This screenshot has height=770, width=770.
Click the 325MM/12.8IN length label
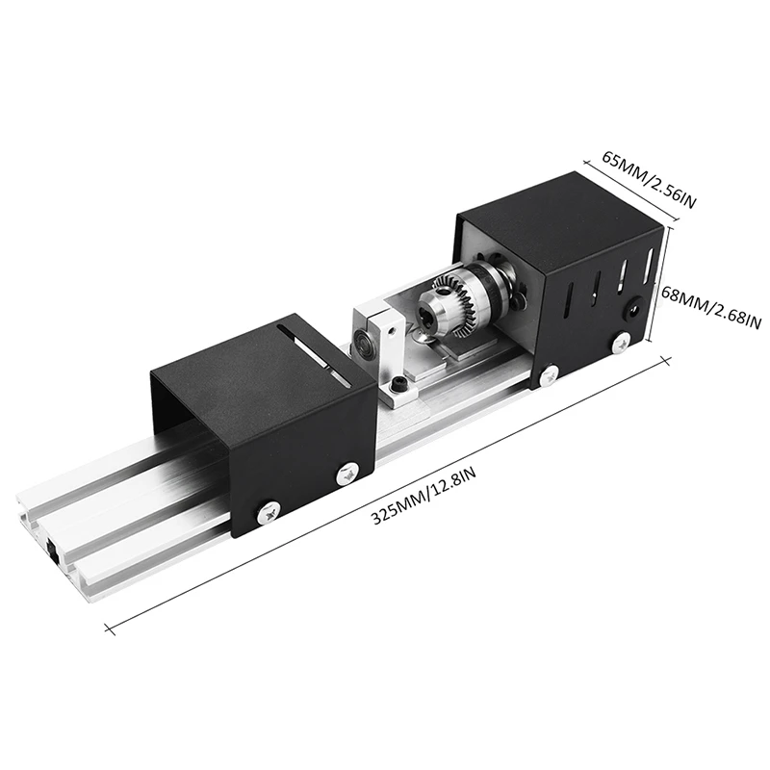click(423, 496)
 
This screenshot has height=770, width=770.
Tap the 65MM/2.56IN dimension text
click(649, 180)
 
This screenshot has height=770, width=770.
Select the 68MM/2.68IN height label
click(711, 307)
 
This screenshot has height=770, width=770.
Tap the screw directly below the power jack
click(622, 342)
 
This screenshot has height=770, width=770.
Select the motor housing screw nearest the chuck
click(549, 375)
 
